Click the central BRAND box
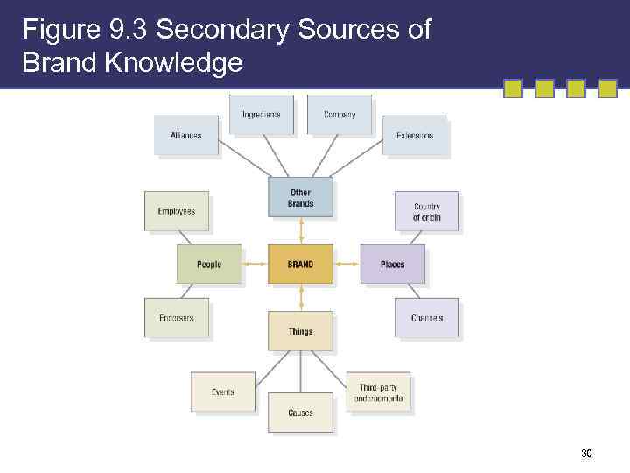[x=300, y=265]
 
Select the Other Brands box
[x=300, y=198]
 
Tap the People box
[x=209, y=265]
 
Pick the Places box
[x=393, y=265]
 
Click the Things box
[x=300, y=331]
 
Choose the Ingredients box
[x=261, y=115]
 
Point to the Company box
[x=339, y=115]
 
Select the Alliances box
[x=185, y=136]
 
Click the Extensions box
[x=414, y=136]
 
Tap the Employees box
[x=177, y=211]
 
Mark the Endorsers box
[x=177, y=318]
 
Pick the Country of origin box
[x=426, y=212]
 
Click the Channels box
[x=426, y=318]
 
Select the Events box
[x=223, y=392]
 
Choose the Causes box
[x=300, y=413]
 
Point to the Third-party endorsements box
[x=378, y=392]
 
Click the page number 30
[x=586, y=454]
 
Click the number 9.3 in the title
[x=130, y=30]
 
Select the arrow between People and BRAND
[x=255, y=265]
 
